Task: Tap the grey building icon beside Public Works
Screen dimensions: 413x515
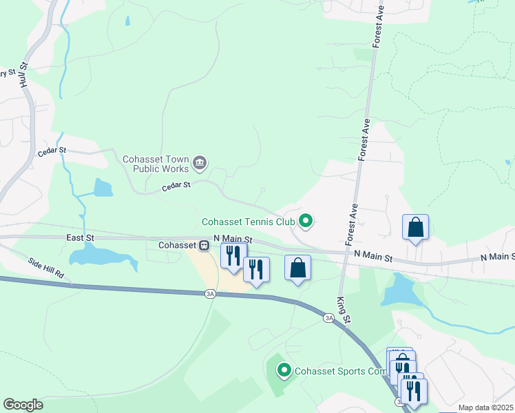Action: click(200, 162)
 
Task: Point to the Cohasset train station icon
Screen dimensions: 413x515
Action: click(204, 245)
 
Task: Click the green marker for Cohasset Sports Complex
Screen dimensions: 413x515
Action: click(283, 371)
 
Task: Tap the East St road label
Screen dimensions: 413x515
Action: click(80, 237)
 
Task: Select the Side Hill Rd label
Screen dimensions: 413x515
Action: click(46, 267)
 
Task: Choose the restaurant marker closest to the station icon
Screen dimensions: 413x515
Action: click(233, 256)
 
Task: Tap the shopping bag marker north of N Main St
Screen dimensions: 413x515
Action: click(415, 227)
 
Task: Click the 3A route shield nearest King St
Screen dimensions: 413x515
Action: click(328, 317)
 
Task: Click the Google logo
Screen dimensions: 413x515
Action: click(23, 405)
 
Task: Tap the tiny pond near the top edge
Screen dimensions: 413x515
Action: click(127, 21)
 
